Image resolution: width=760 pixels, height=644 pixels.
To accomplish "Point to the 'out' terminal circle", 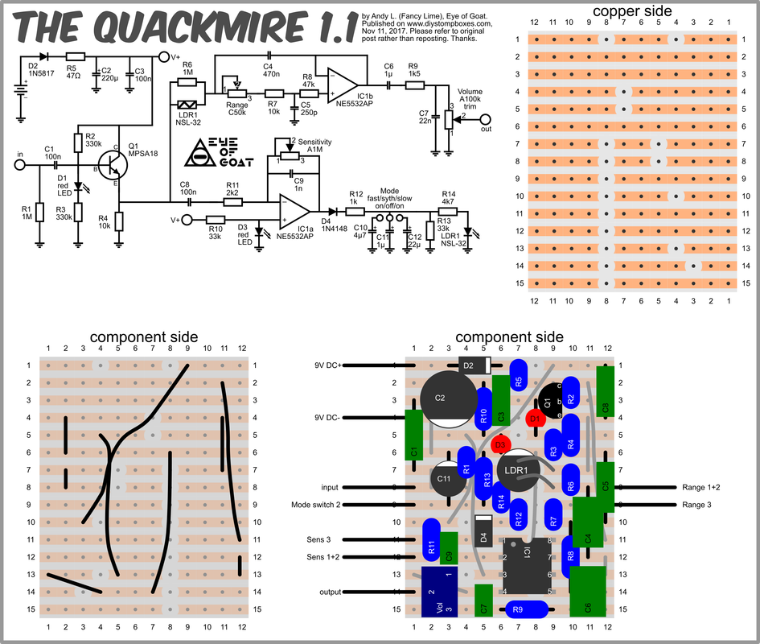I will point(485,119).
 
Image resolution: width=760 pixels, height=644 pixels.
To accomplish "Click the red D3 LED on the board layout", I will point(501,444).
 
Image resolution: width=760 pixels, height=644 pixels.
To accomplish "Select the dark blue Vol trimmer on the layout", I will point(439,592).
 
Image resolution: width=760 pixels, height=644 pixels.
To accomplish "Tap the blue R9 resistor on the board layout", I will point(527,609).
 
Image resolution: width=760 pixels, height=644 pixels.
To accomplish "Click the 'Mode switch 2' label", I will point(318,505).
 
